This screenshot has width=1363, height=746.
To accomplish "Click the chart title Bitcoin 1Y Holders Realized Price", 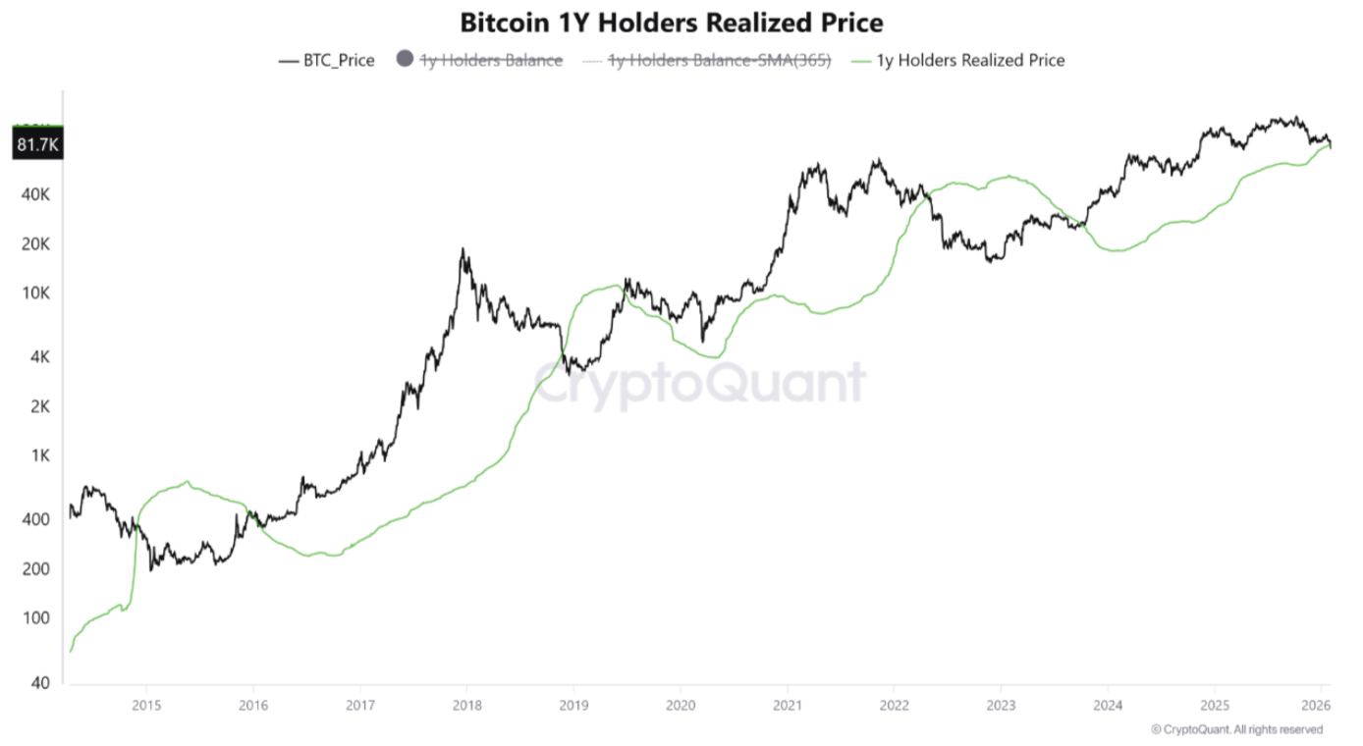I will pos(672,23).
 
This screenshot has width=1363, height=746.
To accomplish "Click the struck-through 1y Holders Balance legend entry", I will pos(491,60).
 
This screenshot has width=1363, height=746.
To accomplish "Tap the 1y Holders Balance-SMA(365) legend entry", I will pos(720,60).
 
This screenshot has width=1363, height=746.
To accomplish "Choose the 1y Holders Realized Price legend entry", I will pos(971,60).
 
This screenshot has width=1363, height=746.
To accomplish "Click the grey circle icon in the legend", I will pos(404,60).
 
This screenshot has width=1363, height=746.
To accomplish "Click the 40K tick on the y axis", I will pos(36,194).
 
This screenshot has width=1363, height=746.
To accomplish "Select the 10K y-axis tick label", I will pos(36,293).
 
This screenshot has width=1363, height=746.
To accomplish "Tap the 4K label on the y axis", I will pos(40,357).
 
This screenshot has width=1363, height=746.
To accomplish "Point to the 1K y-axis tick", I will pos(40,455).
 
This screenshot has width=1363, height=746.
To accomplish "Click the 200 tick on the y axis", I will pos(37,569).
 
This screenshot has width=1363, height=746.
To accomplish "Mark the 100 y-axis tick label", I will pos(37,618).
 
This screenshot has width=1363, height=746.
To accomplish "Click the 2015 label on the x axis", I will pos(146,705).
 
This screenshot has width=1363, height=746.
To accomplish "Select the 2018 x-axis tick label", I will pos(466,705).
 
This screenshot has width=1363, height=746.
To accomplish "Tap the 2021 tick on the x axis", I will pos(787,705).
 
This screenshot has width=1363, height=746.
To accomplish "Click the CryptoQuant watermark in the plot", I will pos(699,383).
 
